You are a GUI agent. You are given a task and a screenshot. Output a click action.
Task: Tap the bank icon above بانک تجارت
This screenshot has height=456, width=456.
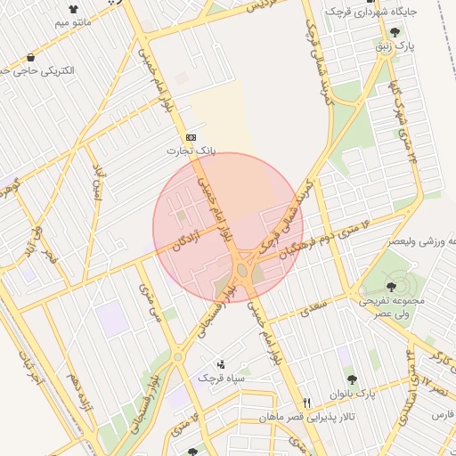point(191,138)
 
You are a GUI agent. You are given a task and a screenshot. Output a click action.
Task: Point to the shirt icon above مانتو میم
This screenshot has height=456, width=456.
point(73,9)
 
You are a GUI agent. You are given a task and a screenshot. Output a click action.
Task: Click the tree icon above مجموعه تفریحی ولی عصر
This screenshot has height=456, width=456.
point(391,286)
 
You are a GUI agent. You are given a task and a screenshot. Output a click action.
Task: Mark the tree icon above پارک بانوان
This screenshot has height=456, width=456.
point(351,379)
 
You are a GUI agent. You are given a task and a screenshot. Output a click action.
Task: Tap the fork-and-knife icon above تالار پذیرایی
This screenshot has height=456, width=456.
point(307,403)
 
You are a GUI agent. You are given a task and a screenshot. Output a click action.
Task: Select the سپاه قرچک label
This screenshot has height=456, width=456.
point(220,379)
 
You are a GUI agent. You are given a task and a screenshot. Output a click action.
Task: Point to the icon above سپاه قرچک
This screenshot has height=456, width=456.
point(221,364)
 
